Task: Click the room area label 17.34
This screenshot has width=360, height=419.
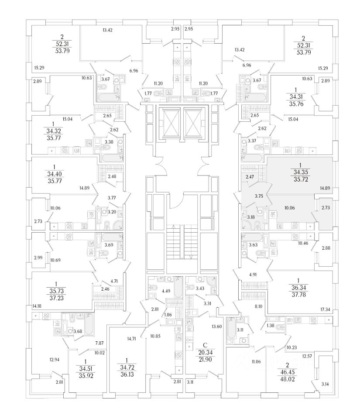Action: click(325, 310)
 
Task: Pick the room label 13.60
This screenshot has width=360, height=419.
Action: click(216, 326)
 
